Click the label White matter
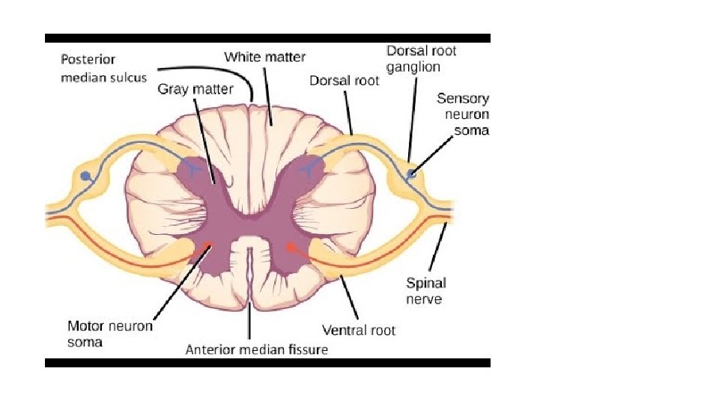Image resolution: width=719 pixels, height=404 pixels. tap(264, 57)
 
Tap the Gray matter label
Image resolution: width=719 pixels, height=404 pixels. tap(195, 89)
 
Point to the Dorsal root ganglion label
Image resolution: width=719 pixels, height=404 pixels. tap(421, 58)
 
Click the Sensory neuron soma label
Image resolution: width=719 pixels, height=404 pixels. tap(464, 114)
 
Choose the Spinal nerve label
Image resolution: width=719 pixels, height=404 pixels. tap(426, 291)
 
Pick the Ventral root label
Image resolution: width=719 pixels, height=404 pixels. tap(359, 329)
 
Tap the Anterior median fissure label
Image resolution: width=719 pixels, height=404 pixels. tap(256, 349)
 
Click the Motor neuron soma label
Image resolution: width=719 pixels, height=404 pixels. tap(109, 334)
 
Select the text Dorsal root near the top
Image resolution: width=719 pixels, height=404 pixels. tap(345, 81)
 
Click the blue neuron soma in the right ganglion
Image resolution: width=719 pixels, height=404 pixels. tap(410, 175)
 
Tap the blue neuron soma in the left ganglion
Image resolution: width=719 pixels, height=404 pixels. tap(86, 176)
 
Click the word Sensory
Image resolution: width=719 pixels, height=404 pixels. tap(464, 99)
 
